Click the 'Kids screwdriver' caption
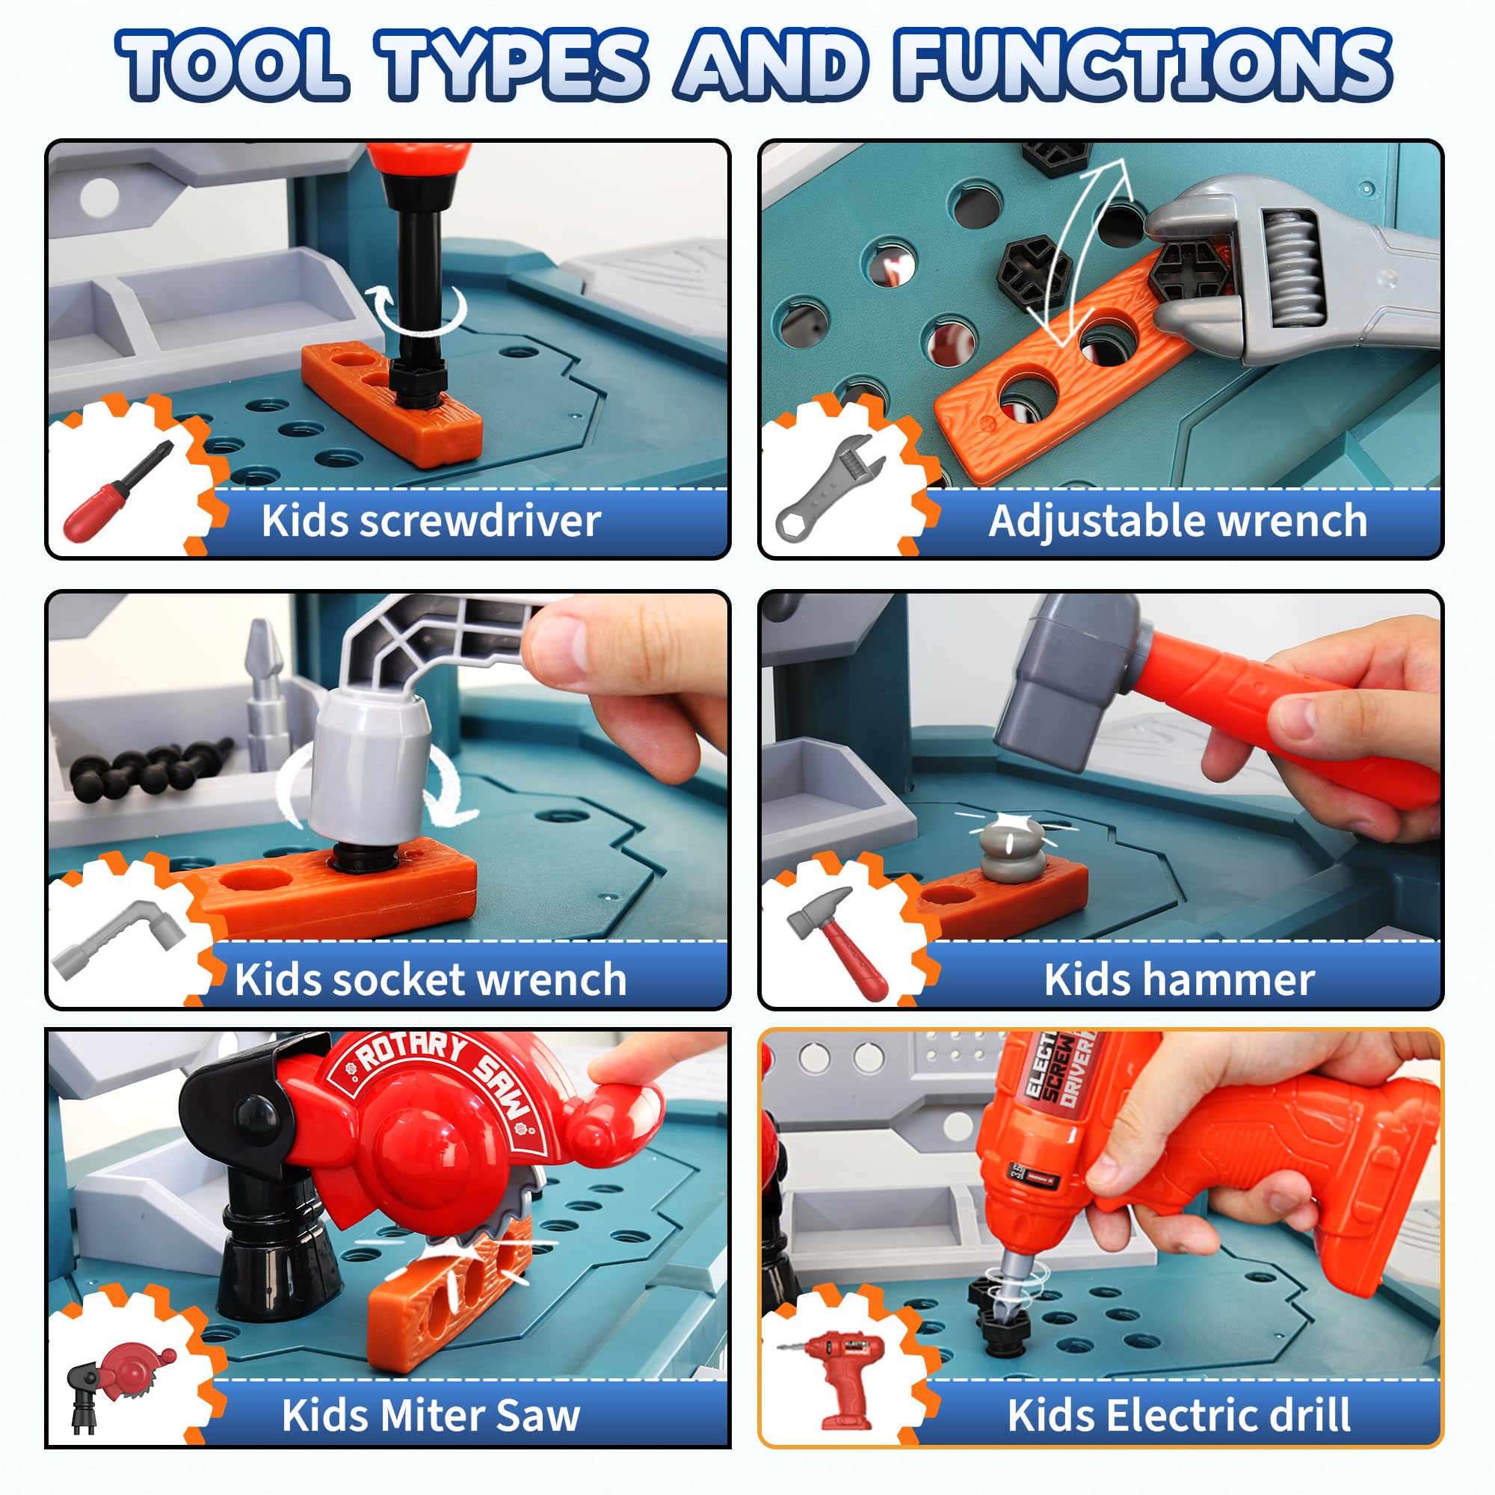[x=431, y=521]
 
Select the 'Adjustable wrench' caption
[x=1178, y=521]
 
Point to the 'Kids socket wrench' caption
[x=431, y=980]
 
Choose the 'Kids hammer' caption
[x=1180, y=980]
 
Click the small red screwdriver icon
[x=118, y=490]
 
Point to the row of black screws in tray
[x=152, y=766]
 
